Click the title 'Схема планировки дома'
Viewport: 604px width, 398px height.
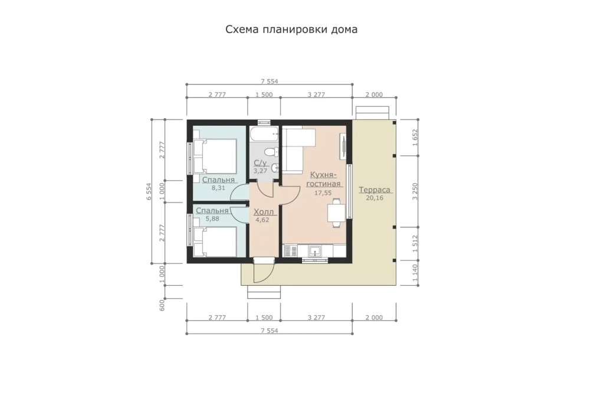[291, 30]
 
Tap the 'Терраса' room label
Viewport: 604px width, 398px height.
[375, 190]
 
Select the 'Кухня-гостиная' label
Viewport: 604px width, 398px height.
[323, 180]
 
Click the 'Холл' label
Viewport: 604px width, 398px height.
[264, 212]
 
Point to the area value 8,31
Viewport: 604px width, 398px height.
[218, 188]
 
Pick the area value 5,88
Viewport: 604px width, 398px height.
[212, 218]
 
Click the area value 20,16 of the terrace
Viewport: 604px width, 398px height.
[375, 198]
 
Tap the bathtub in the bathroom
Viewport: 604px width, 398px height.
[264, 135]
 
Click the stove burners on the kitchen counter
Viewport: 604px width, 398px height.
[290, 251]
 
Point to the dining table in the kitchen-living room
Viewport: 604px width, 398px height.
[336, 213]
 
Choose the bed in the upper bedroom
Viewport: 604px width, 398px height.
[215, 156]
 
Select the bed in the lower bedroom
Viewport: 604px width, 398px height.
[215, 242]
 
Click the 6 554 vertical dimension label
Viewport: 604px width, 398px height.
[149, 191]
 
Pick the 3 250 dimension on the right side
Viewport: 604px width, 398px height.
[415, 191]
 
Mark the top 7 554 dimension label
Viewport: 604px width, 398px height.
[269, 81]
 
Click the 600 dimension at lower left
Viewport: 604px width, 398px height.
[162, 305]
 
